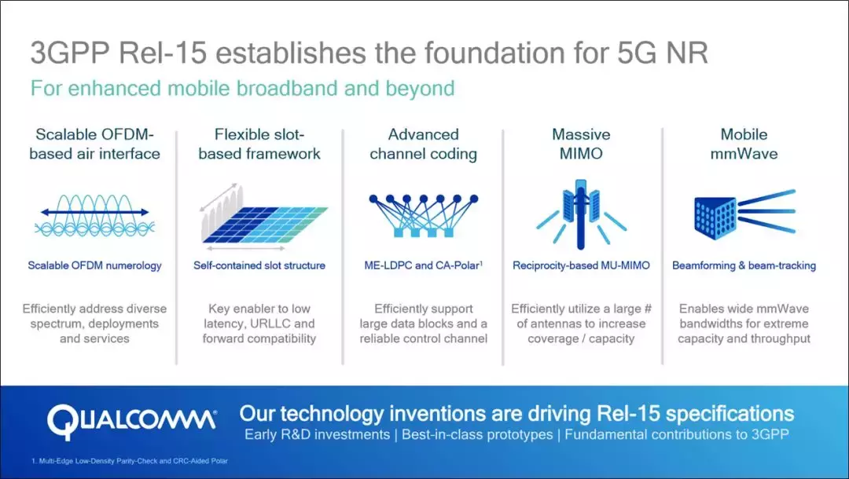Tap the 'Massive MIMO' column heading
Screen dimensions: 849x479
[581, 144]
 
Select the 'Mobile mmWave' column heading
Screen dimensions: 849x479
[744, 144]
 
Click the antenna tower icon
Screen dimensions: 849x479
[581, 214]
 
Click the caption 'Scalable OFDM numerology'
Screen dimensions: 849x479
[95, 265]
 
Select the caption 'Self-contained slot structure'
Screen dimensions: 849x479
[259, 265]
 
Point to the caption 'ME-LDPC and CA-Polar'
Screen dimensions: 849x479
[424, 265]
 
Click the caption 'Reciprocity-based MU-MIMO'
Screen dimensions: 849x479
[581, 265]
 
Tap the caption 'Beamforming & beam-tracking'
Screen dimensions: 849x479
[744, 265]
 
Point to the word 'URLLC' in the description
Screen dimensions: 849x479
[270, 324]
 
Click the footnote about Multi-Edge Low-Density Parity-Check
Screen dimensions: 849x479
[130, 461]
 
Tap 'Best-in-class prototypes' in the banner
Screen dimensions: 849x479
[477, 435]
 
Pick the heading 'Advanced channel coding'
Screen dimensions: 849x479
[424, 144]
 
